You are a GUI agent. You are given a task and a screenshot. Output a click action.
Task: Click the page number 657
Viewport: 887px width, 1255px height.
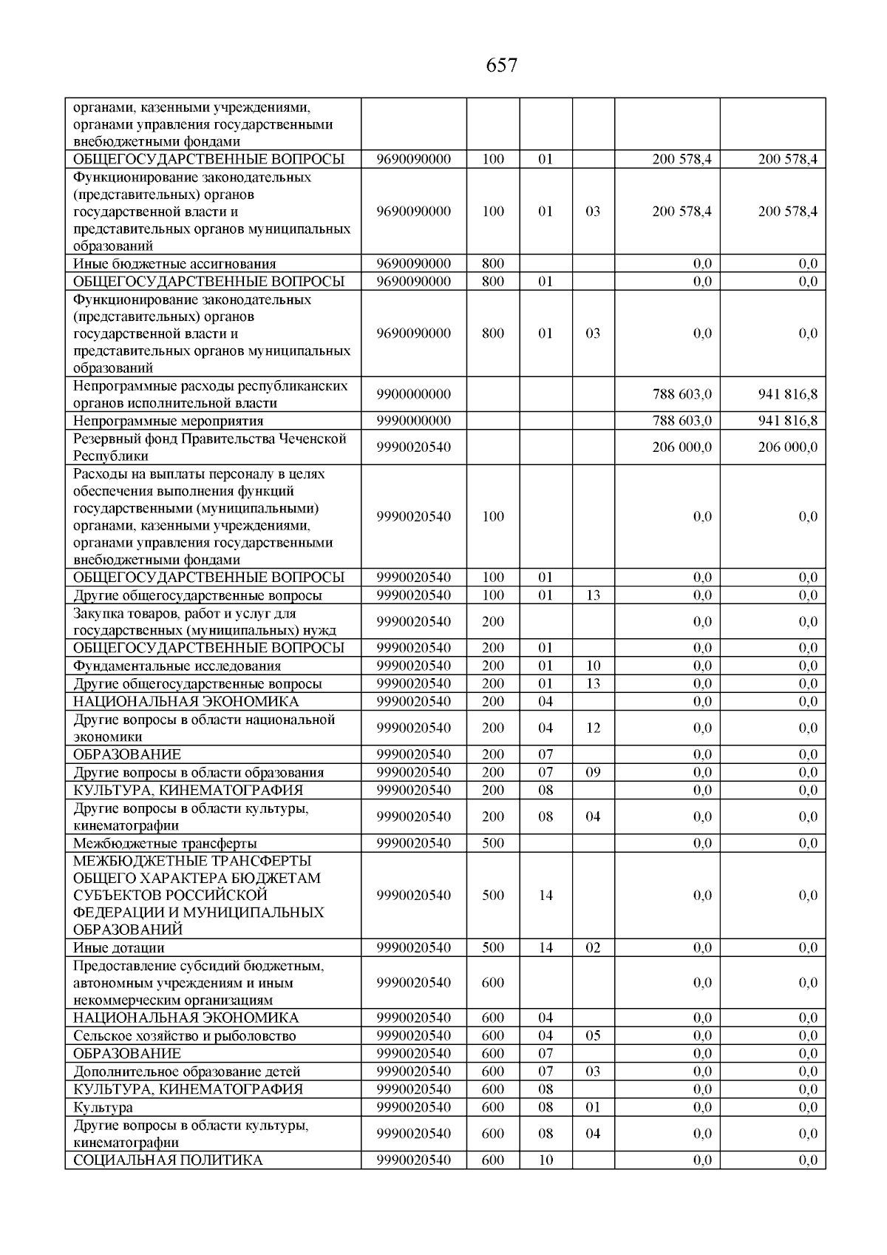point(502,66)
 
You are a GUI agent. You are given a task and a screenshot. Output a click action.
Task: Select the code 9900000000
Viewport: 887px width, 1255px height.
point(413,394)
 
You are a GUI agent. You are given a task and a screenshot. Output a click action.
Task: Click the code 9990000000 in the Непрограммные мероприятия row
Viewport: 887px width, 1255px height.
point(413,421)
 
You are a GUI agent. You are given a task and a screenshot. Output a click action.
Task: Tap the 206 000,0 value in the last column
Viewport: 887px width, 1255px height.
point(787,447)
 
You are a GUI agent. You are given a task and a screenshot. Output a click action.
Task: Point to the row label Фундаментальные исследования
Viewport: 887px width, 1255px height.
point(177,666)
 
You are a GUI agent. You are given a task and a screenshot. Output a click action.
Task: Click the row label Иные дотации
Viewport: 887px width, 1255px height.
point(118,948)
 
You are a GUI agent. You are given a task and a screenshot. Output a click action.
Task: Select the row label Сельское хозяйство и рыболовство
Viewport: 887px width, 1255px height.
point(184,1036)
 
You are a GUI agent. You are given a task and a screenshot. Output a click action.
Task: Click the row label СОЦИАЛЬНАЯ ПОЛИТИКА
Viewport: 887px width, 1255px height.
point(168,1160)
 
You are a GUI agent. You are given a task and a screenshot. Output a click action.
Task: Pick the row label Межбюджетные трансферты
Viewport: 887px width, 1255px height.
point(165,844)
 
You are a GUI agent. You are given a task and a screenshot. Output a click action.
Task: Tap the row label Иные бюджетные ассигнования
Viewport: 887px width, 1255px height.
point(174,264)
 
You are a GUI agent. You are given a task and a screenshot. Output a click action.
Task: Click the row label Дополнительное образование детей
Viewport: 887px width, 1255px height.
point(186,1072)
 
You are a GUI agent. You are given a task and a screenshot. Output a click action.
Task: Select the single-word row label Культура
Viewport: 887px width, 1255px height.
point(103,1108)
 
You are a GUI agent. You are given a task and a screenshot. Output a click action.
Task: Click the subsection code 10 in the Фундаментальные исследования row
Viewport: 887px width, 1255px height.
point(593,666)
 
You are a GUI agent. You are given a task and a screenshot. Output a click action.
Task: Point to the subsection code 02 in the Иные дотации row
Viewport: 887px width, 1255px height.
point(593,948)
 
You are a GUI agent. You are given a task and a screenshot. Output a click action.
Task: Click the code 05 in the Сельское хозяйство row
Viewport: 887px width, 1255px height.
point(593,1036)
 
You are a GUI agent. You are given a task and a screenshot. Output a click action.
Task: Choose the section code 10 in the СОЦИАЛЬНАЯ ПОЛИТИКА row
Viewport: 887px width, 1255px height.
point(546,1160)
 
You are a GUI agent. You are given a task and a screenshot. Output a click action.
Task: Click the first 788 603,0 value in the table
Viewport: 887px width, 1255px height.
point(682,394)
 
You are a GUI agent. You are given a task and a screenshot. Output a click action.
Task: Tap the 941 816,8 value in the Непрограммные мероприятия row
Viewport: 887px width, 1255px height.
point(787,421)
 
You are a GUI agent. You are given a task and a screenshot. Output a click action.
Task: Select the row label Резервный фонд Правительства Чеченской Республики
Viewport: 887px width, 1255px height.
point(209,447)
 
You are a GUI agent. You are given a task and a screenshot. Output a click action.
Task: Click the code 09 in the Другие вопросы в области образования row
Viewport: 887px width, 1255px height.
point(593,773)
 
